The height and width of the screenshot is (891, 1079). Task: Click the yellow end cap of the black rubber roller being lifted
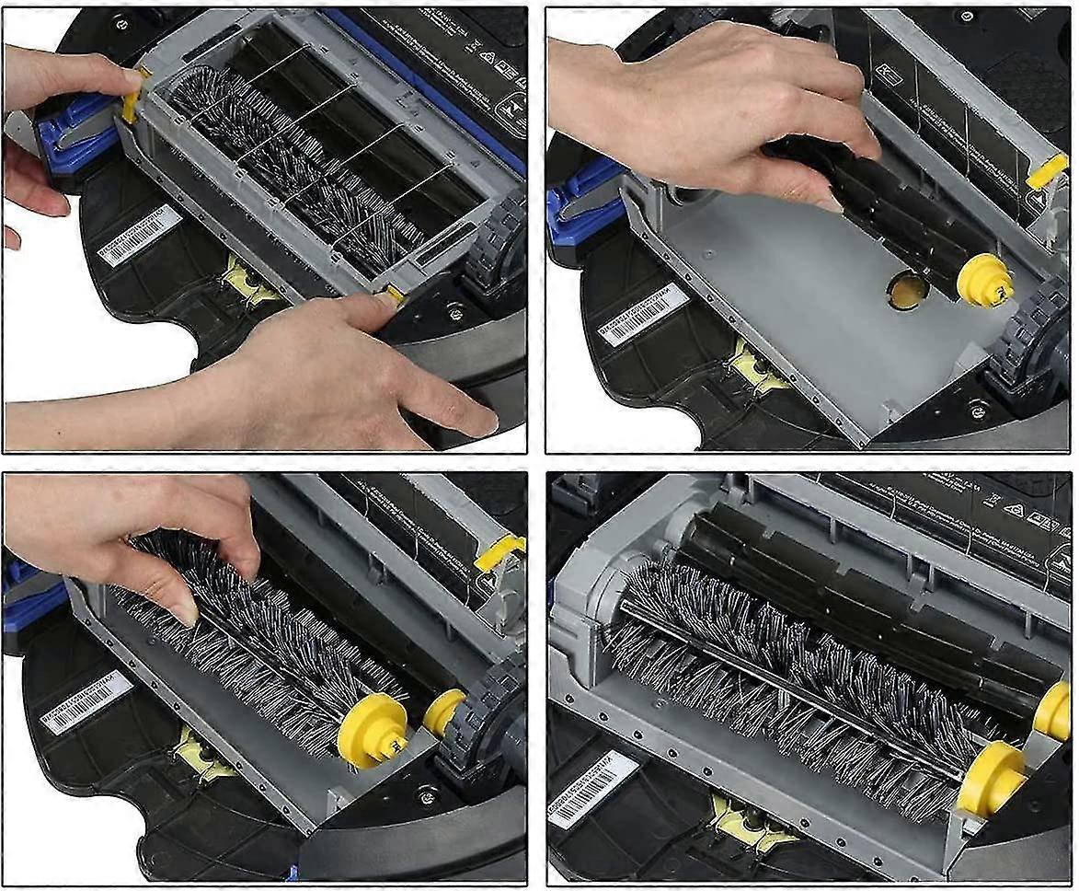tap(984, 282)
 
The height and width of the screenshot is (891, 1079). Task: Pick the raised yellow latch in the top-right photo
tap(1047, 169)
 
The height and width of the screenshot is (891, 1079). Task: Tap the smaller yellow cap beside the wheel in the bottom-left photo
tap(443, 712)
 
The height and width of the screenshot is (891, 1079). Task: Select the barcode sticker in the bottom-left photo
tap(87, 702)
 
